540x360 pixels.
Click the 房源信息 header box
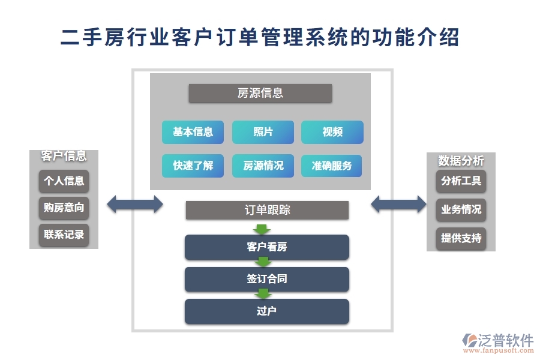(260, 93)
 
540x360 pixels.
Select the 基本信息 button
(193, 132)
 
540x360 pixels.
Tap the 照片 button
(263, 132)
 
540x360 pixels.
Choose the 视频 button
(332, 132)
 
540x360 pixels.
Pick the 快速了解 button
(193, 166)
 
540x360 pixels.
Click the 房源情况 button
(263, 166)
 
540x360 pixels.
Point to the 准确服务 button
(332, 166)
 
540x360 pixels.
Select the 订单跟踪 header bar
(267, 210)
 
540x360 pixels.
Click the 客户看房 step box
(267, 247)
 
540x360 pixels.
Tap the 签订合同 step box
(267, 279)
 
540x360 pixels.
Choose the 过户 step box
(267, 311)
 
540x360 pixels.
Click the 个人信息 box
(64, 181)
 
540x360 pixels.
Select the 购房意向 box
(64, 208)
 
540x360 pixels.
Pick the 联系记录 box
(64, 235)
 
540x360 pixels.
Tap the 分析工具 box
(461, 181)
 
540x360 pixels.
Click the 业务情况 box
(461, 209)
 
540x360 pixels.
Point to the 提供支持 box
(461, 238)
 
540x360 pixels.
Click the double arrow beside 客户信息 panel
(135, 204)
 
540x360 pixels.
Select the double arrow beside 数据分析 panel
(398, 204)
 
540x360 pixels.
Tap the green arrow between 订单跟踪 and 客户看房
(262, 229)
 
